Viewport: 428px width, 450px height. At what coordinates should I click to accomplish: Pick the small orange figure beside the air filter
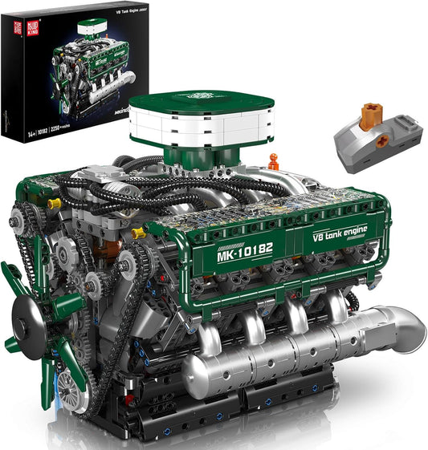click(x=274, y=160)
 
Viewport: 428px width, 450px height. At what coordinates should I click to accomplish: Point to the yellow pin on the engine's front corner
click(x=54, y=204)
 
